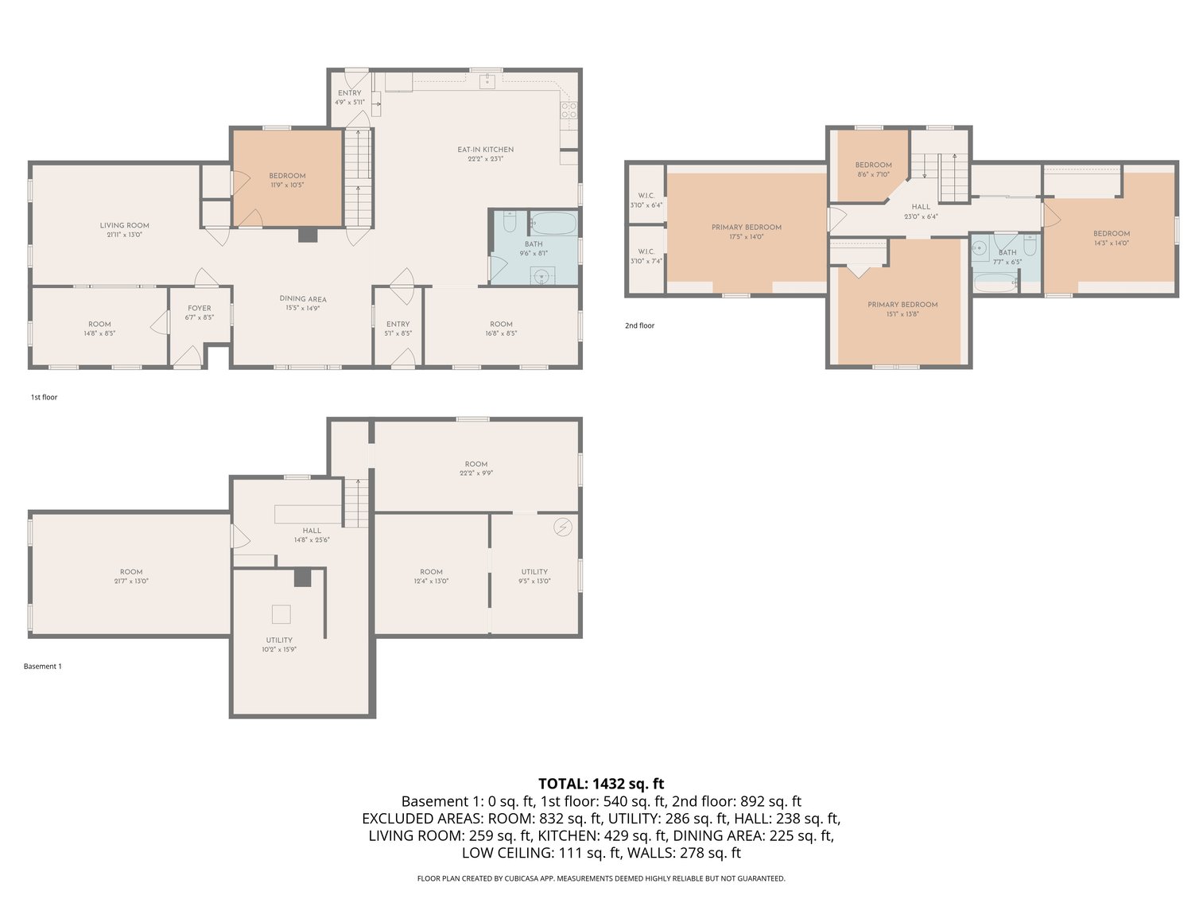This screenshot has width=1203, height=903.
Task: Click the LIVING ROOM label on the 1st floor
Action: [x=124, y=230]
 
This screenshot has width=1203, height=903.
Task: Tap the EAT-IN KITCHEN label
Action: [x=485, y=154]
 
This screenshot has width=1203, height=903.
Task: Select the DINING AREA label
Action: [x=303, y=303]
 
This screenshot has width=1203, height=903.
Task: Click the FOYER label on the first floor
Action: [x=200, y=312]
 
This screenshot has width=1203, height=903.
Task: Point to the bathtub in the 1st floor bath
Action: [x=553, y=223]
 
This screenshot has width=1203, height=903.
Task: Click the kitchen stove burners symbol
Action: [x=569, y=111]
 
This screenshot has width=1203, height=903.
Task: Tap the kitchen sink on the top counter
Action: [x=487, y=81]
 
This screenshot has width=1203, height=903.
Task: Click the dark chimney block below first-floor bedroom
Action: [x=306, y=235]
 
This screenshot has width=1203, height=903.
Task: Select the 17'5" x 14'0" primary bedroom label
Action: [x=746, y=232]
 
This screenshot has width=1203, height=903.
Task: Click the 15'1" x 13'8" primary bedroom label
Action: [x=902, y=309]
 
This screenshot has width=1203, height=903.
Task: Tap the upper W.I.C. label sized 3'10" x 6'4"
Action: [x=646, y=200]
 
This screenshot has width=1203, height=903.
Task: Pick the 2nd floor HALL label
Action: [x=921, y=211]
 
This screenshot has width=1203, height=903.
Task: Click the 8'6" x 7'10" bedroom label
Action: [x=873, y=169]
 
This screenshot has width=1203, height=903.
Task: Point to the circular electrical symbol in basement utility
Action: [x=563, y=527]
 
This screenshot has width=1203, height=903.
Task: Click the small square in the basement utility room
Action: [x=281, y=614]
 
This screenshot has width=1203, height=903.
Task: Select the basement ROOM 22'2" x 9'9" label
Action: [x=476, y=468]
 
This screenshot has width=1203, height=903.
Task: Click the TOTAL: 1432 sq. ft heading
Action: [x=600, y=784]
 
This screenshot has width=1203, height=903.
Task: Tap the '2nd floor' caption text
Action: [x=639, y=325]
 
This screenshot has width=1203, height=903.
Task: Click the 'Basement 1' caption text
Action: [x=42, y=666]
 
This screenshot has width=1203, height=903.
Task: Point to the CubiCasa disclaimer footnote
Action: [x=600, y=878]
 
